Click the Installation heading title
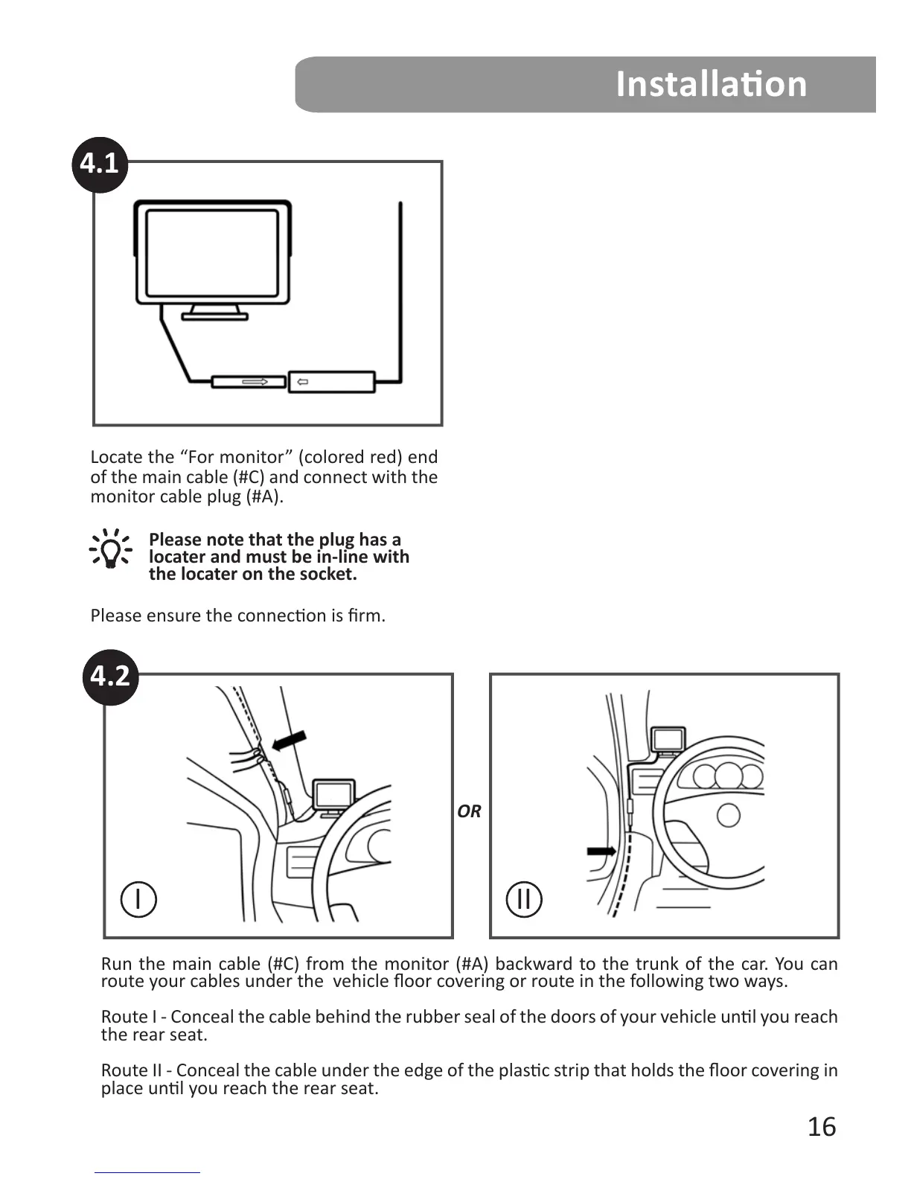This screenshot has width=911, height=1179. pyautogui.click(x=711, y=83)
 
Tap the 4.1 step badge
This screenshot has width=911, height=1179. pyautogui.click(x=100, y=163)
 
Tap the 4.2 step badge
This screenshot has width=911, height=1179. pyautogui.click(x=110, y=676)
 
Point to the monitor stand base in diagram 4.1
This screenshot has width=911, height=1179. pyautogui.click(x=215, y=316)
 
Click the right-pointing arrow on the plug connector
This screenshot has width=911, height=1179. pyautogui.click(x=255, y=382)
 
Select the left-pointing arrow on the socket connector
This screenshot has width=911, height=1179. pyautogui.click(x=303, y=383)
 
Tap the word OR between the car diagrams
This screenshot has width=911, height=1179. pyautogui.click(x=469, y=811)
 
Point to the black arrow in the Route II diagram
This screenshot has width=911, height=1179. pyautogui.click(x=601, y=851)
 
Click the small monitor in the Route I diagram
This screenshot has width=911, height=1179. pyautogui.click(x=334, y=795)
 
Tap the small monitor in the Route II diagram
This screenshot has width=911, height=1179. pyautogui.click(x=668, y=740)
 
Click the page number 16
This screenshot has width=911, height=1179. pyautogui.click(x=822, y=1127)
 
